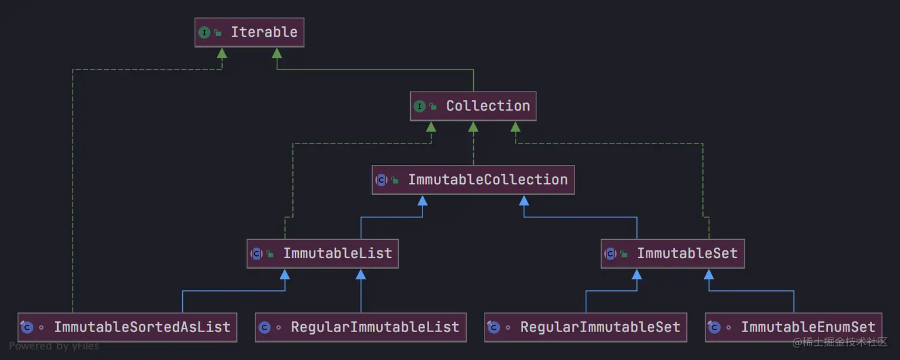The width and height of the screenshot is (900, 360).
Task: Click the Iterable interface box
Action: pyautogui.click(x=249, y=32)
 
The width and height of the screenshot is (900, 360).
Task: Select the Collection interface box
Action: pyautogui.click(x=473, y=106)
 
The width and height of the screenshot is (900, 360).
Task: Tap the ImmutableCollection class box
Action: pyautogui.click(x=473, y=180)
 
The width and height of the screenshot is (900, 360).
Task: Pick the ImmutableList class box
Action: pyautogui.click(x=323, y=253)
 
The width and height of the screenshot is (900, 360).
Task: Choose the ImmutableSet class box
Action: pyautogui.click(x=673, y=253)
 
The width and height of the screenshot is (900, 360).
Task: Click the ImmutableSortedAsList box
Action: pyautogui.click(x=127, y=327)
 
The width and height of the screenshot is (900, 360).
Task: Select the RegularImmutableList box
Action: pyautogui.click(x=361, y=327)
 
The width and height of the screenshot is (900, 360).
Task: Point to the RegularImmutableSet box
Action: pyautogui.click(x=586, y=327)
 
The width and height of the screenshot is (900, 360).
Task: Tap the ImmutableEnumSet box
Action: pyautogui.click(x=793, y=327)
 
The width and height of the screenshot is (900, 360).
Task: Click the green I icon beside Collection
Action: pyautogui.click(x=420, y=107)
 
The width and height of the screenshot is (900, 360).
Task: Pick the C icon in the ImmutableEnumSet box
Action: pyautogui.click(x=714, y=327)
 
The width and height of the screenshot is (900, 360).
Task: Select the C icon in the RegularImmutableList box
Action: pyautogui.click(x=265, y=327)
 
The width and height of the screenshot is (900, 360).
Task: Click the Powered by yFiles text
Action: pyautogui.click(x=54, y=346)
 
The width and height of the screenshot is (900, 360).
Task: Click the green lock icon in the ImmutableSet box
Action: pyautogui.click(x=624, y=254)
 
